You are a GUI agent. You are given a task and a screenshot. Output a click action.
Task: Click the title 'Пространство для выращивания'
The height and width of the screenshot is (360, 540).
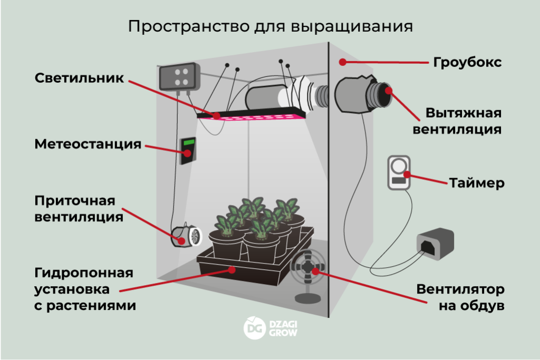click(x=270, y=27)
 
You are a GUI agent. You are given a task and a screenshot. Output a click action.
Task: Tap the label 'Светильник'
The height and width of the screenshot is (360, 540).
click(x=79, y=78)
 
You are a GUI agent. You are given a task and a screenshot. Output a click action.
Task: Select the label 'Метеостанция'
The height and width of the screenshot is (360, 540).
click(x=88, y=144)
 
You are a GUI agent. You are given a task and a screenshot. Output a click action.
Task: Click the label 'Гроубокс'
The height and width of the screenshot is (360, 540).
click(x=467, y=62)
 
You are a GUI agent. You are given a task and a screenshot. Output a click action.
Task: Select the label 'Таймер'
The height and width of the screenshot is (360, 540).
click(x=477, y=183)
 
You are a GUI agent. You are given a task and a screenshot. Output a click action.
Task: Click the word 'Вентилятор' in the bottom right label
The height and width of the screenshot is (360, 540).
click(x=460, y=289)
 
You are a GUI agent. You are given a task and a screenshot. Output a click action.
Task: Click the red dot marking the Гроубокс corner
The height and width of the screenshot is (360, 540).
click(x=342, y=62)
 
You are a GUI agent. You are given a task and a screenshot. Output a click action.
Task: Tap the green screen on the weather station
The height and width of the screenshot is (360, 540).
click(x=188, y=144)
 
